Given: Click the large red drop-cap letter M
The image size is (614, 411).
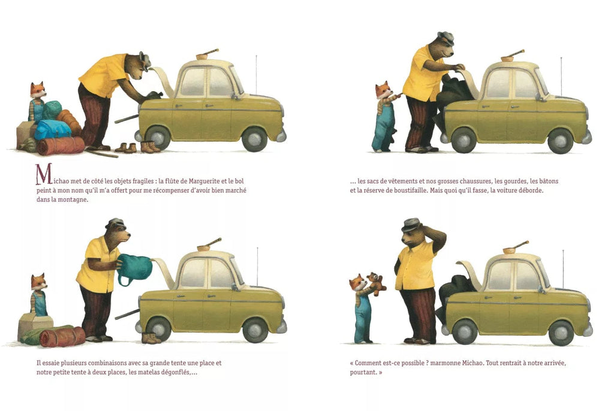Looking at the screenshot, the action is pyautogui.click(x=44, y=174).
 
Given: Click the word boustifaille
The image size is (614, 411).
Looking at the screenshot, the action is pyautogui.click(x=403, y=191).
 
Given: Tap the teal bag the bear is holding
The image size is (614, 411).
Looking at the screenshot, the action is pyautogui.click(x=135, y=268).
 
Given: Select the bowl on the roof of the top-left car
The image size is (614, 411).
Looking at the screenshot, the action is pyautogui.click(x=203, y=57).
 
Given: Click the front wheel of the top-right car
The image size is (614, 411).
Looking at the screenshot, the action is pyautogui.click(x=560, y=140).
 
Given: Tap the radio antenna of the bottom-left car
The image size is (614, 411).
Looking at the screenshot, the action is pyautogui.click(x=257, y=267).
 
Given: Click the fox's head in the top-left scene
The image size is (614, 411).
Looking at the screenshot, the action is pyautogui.click(x=38, y=90).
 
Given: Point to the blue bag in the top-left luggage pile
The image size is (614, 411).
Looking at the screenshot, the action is pyautogui.click(x=53, y=129).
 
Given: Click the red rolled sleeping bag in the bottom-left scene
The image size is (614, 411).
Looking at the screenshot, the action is pyautogui.click(x=62, y=337).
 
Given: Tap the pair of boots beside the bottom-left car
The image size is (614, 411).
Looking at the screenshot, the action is pyautogui.click(x=151, y=338).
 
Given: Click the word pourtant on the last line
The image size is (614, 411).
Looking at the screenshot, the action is pyautogui.click(x=363, y=372).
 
